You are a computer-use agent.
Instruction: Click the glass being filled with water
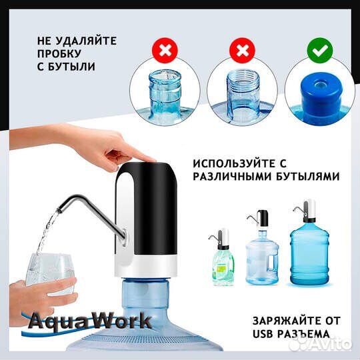click(x=51, y=273)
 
